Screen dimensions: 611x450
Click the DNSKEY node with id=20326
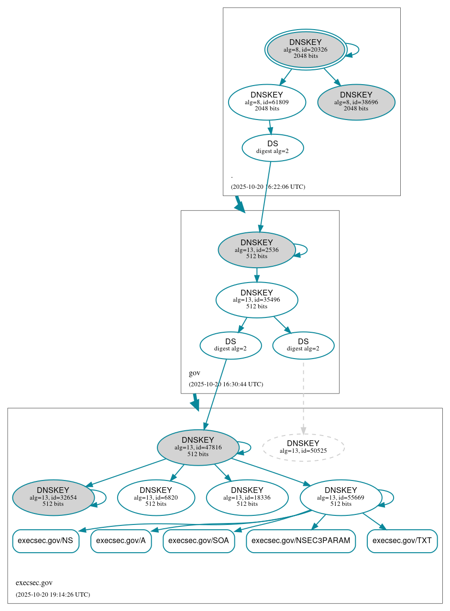(x=306, y=49)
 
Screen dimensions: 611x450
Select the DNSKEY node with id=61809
(x=267, y=102)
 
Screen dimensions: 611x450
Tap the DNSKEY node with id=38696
(x=356, y=102)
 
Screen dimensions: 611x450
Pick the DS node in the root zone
(x=273, y=148)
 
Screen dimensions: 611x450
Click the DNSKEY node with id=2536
(x=257, y=250)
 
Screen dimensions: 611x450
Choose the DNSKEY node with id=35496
(x=257, y=300)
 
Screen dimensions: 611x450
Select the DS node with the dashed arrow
(x=303, y=345)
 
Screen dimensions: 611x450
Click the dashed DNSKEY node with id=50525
(x=303, y=447)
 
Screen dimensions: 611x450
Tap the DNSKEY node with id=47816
(x=198, y=447)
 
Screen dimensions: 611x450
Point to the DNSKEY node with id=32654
(x=53, y=497)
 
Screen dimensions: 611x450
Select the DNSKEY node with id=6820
(x=156, y=497)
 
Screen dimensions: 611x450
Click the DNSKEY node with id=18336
(x=247, y=497)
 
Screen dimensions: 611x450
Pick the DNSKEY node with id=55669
(x=340, y=497)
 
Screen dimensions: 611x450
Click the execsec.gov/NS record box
(x=45, y=541)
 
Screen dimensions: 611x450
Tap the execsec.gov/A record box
(x=121, y=541)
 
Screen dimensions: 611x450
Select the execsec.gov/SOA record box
(x=198, y=541)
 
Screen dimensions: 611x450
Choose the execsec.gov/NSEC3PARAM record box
(x=301, y=541)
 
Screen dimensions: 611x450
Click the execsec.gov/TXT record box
(x=402, y=541)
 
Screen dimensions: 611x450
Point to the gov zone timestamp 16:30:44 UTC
(x=226, y=384)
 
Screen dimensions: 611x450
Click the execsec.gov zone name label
(x=34, y=583)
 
